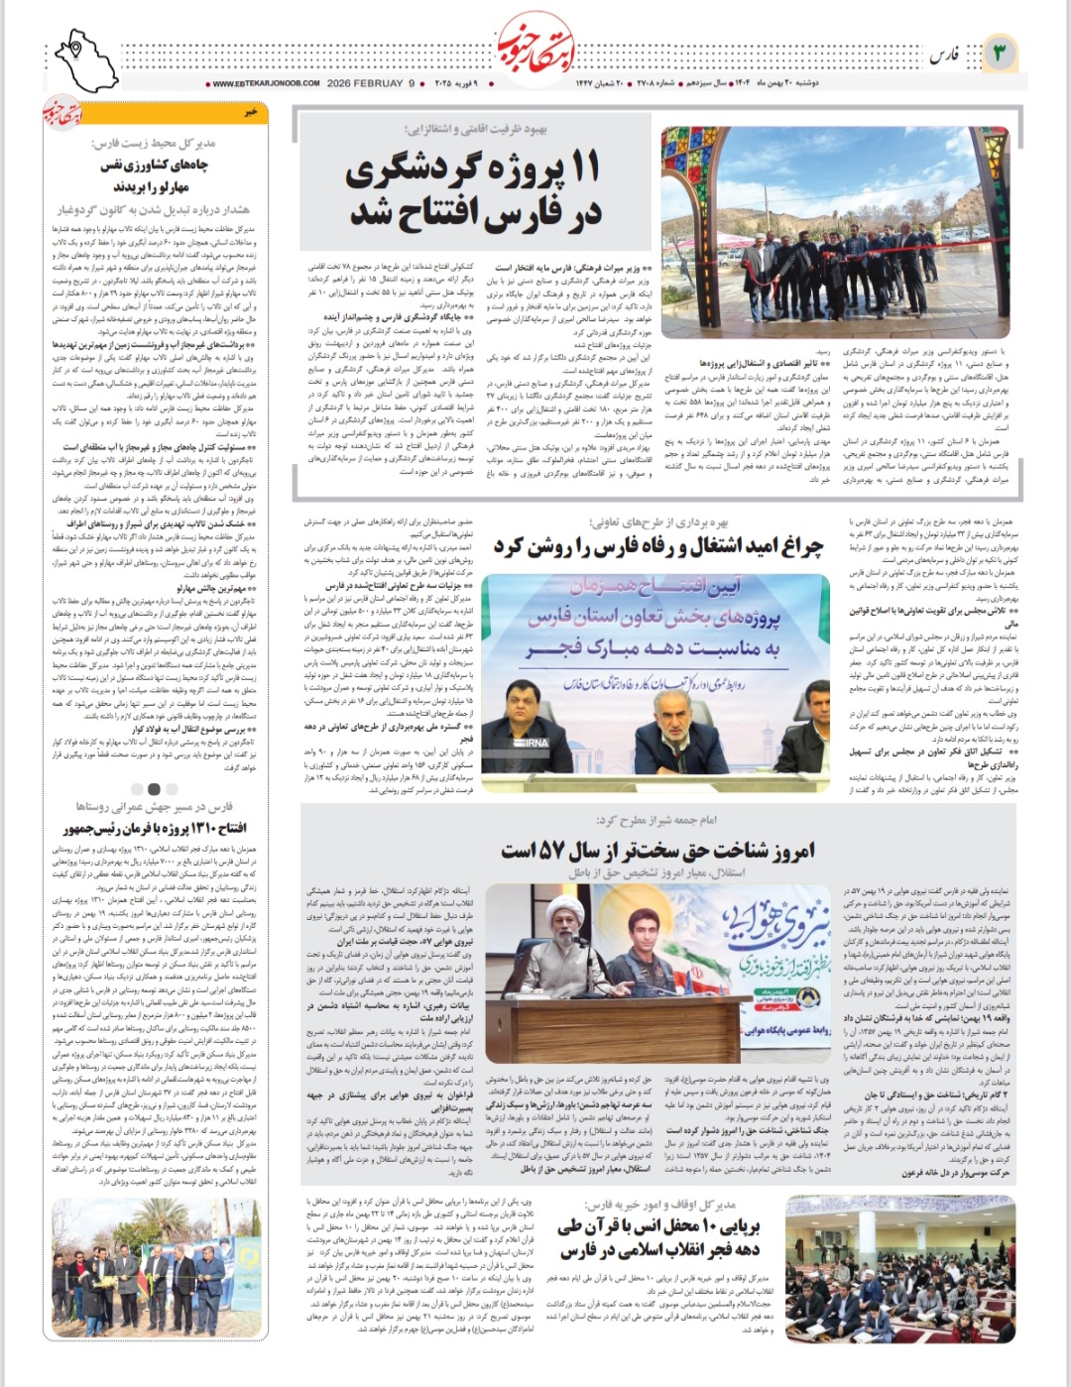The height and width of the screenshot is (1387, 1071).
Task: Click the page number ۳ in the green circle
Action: [1001, 53]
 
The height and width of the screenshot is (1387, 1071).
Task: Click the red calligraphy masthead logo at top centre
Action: [535, 45]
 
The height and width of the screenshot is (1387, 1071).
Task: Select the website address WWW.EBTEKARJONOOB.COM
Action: [265, 84]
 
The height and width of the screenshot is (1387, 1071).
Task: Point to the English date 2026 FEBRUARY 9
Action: [371, 84]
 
